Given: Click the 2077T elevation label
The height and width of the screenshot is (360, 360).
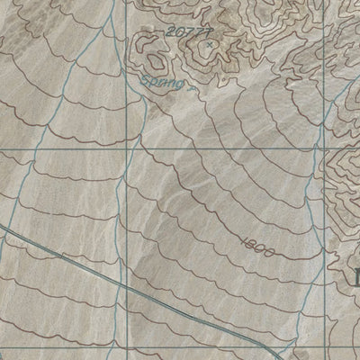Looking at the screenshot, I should pyautogui.click(x=185, y=33).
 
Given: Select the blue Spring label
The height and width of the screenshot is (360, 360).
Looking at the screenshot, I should pyautogui.click(x=163, y=84).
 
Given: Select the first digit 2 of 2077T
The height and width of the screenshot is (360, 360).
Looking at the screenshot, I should pyautogui.click(x=169, y=31).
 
